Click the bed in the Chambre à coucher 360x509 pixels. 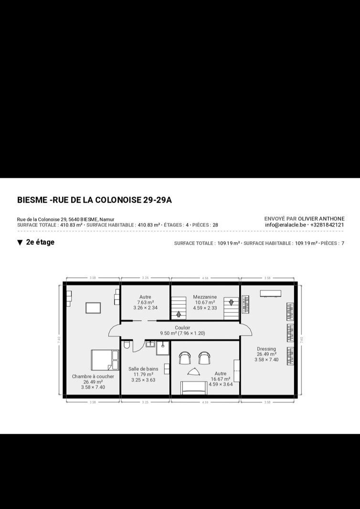105,360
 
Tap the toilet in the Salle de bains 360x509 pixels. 127,344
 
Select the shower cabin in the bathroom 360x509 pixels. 163,348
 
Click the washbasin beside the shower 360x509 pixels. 150,344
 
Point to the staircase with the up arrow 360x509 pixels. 179,308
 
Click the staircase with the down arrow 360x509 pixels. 231,308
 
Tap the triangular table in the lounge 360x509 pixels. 194,372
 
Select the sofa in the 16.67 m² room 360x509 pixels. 194,388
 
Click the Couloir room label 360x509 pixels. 182,328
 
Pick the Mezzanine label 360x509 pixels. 205,297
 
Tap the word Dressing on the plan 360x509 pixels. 266,349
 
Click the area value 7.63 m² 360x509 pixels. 145,302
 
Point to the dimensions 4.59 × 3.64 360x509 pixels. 221,384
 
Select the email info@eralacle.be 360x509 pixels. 286,225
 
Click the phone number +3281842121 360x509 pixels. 327,225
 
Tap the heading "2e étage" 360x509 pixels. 40,242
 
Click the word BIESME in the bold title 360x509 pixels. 32,200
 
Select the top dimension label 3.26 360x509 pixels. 146,278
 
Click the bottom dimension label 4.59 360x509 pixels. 205,402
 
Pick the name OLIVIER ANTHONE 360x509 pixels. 321,219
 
